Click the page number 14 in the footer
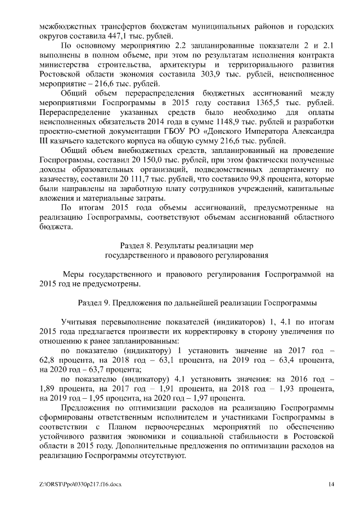tap(331, 484)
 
